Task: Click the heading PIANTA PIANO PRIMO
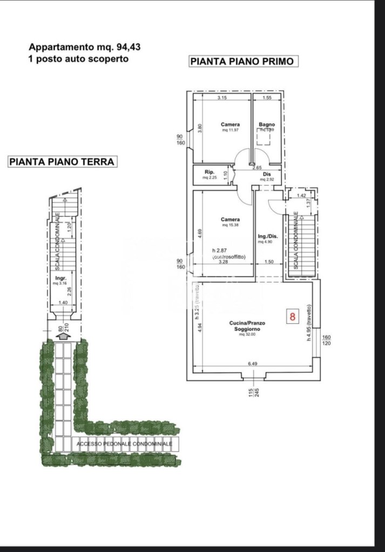(242, 61)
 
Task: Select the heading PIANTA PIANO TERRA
(62, 161)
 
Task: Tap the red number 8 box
(293, 316)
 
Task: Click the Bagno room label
(267, 125)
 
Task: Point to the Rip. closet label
(209, 173)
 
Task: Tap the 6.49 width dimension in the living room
(252, 364)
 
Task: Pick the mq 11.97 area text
(230, 130)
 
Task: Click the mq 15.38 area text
(230, 225)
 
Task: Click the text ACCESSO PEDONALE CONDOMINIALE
(124, 444)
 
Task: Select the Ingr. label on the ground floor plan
(60, 278)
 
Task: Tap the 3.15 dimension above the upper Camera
(221, 98)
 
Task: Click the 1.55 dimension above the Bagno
(267, 98)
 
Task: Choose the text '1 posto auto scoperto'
(78, 59)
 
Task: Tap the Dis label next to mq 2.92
(267, 174)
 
